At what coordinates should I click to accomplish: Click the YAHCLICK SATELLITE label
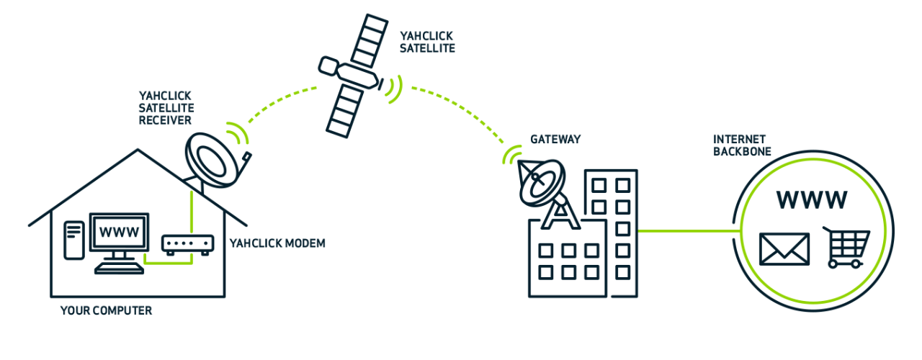(427, 42)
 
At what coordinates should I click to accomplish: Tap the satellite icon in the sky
(353, 73)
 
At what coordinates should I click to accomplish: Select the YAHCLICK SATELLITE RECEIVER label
(166, 107)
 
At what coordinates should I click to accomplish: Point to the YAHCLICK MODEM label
(277, 243)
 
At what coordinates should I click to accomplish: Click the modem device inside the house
(188, 244)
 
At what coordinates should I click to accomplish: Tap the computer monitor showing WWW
(119, 234)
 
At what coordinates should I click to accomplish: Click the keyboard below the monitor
(119, 268)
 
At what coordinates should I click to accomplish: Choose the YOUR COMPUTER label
(106, 311)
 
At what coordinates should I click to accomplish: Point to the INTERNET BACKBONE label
(742, 145)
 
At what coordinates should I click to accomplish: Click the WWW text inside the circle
(812, 199)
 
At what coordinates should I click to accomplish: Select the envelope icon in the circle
(784, 248)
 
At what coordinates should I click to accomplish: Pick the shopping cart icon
(846, 248)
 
